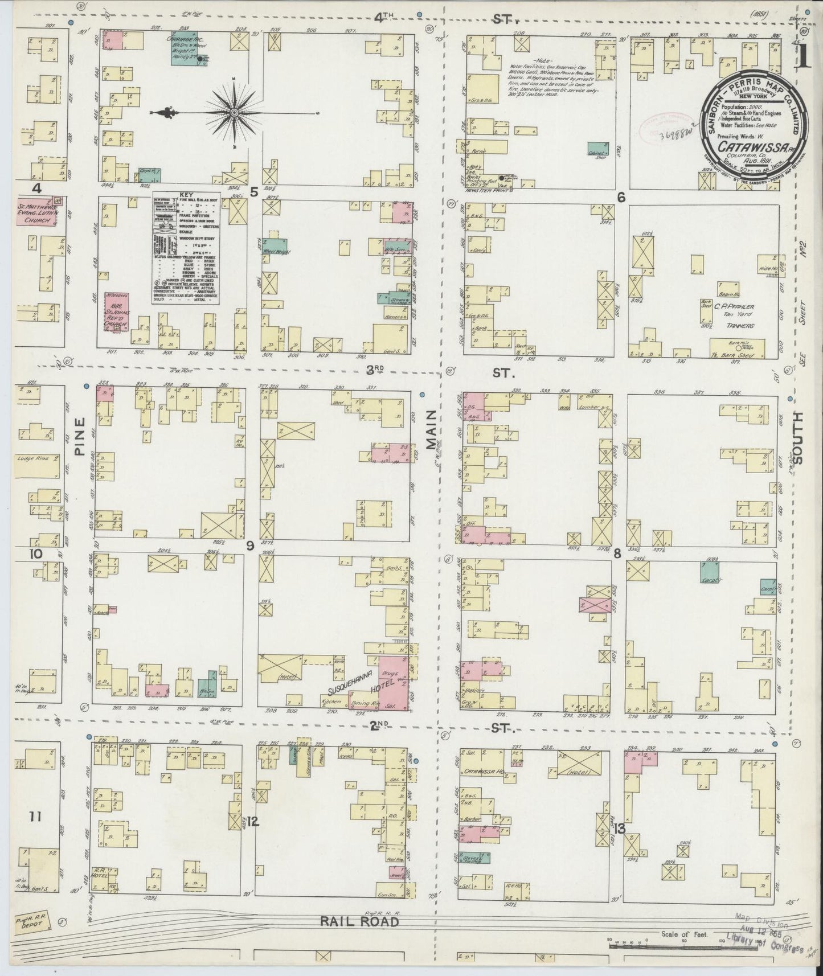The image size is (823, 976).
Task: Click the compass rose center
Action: tap(234, 113)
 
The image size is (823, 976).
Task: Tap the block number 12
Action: tap(253, 822)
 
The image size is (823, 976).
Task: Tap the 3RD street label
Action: tap(374, 371)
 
